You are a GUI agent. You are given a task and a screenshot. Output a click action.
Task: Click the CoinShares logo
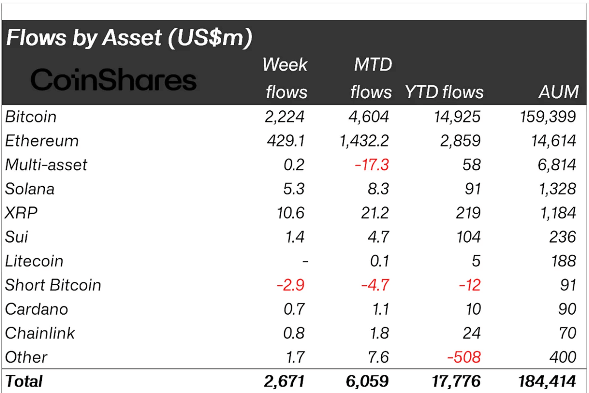(113, 80)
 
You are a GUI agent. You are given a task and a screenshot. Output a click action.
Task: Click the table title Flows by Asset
(129, 37)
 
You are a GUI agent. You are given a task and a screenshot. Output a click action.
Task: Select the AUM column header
(558, 92)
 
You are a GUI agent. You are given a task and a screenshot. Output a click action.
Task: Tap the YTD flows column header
(444, 92)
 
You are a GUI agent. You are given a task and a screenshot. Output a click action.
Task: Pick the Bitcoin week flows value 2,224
(285, 117)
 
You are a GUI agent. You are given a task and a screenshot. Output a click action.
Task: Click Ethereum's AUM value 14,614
(554, 141)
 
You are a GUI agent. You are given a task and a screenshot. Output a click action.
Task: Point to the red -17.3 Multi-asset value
(372, 165)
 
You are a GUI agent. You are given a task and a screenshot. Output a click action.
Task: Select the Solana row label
(30, 189)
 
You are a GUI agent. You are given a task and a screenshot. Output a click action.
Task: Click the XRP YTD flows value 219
(468, 213)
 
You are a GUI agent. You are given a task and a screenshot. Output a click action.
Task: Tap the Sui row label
(17, 237)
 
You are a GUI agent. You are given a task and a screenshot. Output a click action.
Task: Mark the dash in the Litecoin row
(305, 261)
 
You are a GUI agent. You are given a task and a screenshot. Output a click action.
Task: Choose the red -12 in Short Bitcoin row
(469, 285)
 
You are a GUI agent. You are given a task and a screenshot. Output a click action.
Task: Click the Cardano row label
(37, 309)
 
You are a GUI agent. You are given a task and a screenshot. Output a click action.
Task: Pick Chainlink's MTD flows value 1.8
(379, 333)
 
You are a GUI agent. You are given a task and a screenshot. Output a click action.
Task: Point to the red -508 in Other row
(464, 357)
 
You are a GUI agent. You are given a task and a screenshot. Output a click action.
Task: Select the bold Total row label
(24, 381)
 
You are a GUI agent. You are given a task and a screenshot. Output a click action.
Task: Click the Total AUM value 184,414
(547, 381)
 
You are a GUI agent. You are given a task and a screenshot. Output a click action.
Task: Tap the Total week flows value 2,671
(284, 381)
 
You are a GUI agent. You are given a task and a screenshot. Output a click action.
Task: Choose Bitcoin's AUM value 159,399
(548, 117)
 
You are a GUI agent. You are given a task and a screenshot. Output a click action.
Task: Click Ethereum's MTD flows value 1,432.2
(364, 141)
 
